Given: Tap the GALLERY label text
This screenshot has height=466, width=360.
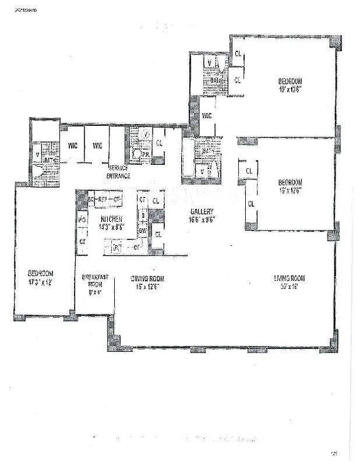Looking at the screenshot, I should point(202,211).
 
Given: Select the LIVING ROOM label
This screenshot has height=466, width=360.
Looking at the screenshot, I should point(290,278).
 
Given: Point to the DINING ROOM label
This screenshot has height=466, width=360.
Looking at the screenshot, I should point(146,278).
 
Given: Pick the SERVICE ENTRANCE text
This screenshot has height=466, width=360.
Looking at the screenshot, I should point(118,172).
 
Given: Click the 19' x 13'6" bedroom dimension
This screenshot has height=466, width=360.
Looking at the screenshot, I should point(289,90).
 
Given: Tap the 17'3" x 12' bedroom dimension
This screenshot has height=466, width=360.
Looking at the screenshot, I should point(40,281).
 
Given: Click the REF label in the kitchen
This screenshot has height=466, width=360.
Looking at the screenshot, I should point(103,199).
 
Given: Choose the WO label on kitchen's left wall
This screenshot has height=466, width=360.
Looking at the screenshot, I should point(83,220).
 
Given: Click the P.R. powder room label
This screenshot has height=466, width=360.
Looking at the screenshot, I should point(144,154).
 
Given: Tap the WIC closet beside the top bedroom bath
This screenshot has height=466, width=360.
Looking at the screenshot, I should point(207,116).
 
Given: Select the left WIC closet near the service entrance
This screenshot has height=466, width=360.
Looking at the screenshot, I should point(73,145).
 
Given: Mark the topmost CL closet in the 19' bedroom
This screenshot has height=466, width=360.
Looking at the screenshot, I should point(238,54).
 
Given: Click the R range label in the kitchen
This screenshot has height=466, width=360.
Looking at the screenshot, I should point(117,248).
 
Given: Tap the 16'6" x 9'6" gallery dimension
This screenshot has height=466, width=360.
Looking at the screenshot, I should point(202,219).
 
